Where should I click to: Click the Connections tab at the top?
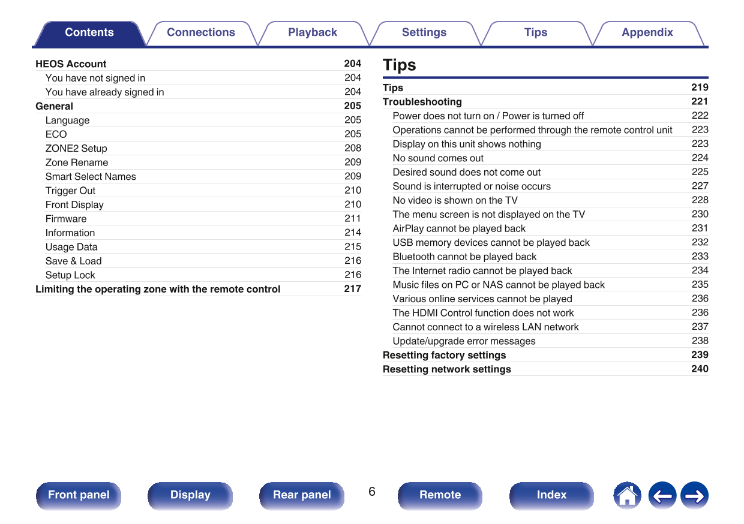pyautogui.click(x=200, y=33)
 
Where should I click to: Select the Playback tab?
pyautogui.click(x=312, y=33)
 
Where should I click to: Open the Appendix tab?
pyautogui.click(x=647, y=33)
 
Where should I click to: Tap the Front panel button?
pyautogui.click(x=79, y=495)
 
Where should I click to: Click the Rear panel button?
pyautogui.click(x=302, y=495)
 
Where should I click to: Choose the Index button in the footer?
pyautogui.click(x=551, y=495)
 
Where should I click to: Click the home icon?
pyautogui.click(x=627, y=496)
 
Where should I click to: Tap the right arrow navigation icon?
pyautogui.click(x=694, y=496)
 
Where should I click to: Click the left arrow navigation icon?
pyautogui.click(x=662, y=496)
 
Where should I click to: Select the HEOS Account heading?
pyautogui.click(x=71, y=64)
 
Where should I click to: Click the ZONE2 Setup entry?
pyautogui.click(x=76, y=148)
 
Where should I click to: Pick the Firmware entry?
pyautogui.click(x=66, y=219)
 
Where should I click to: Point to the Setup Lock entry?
pyautogui.click(x=70, y=275)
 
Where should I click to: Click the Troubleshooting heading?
pyautogui.click(x=422, y=102)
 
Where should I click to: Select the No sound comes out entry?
pyautogui.click(x=438, y=158)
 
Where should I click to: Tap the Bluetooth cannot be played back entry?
pyautogui.click(x=464, y=257)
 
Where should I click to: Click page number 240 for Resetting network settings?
pyautogui.click(x=700, y=369)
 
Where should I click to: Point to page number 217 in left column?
pyautogui.click(x=352, y=288)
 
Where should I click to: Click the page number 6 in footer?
pyautogui.click(x=372, y=492)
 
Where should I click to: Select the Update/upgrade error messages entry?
pyautogui.click(x=464, y=341)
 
